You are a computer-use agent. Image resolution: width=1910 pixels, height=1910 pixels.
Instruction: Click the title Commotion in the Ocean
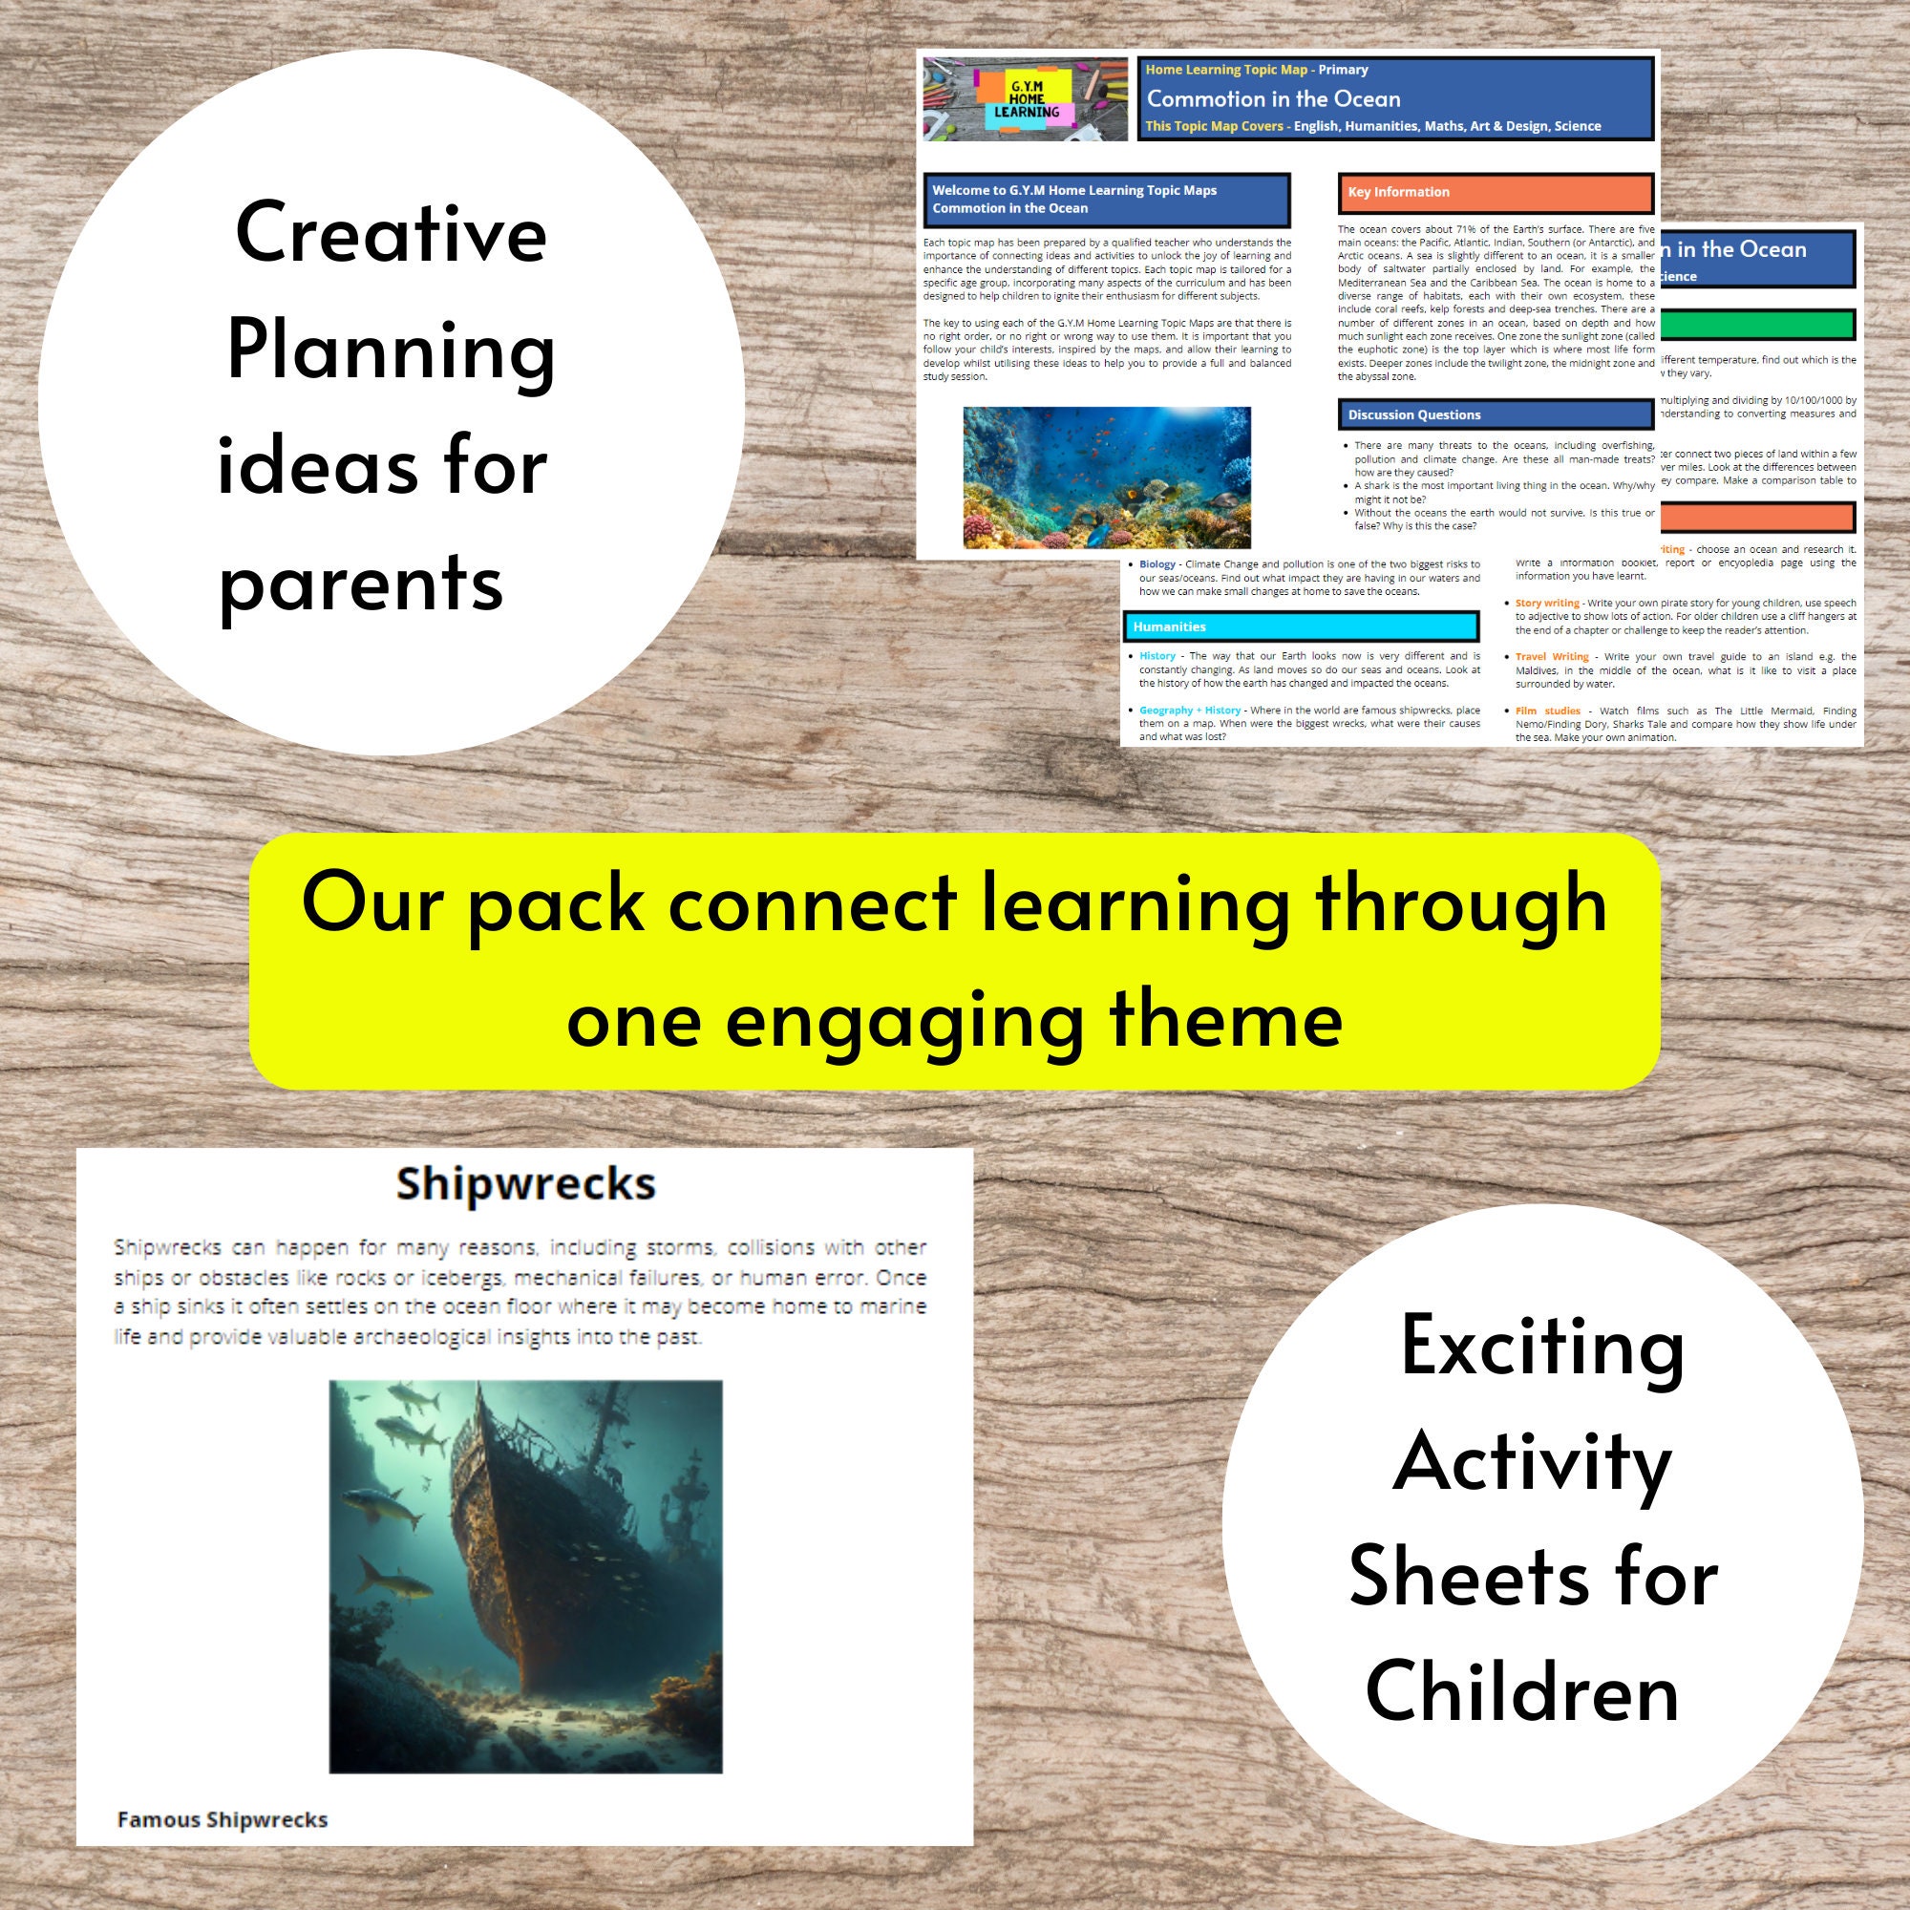click(x=1273, y=99)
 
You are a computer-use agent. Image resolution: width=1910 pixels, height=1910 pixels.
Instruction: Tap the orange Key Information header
click(x=1495, y=193)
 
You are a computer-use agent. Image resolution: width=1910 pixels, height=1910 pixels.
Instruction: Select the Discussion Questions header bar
click(x=1495, y=414)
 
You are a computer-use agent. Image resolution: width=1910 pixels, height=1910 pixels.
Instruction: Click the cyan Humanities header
click(x=1301, y=626)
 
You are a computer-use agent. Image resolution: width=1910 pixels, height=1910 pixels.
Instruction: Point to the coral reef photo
click(x=1106, y=477)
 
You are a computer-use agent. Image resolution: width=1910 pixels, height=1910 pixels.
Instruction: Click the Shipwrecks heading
click(x=525, y=1183)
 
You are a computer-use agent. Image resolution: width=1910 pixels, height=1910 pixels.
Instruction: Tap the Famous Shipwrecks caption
click(x=223, y=1820)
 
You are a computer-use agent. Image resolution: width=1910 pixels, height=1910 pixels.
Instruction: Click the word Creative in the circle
click(x=391, y=234)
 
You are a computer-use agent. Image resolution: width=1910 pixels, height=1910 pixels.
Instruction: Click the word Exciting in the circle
click(x=1542, y=1347)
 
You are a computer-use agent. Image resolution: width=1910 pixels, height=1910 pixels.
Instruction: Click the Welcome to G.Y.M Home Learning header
click(x=1106, y=200)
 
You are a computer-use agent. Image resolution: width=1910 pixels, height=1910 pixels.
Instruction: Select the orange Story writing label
click(x=1547, y=603)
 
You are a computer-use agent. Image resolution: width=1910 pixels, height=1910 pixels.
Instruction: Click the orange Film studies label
click(x=1548, y=711)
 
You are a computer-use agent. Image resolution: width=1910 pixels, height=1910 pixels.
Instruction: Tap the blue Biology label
click(x=1157, y=564)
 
